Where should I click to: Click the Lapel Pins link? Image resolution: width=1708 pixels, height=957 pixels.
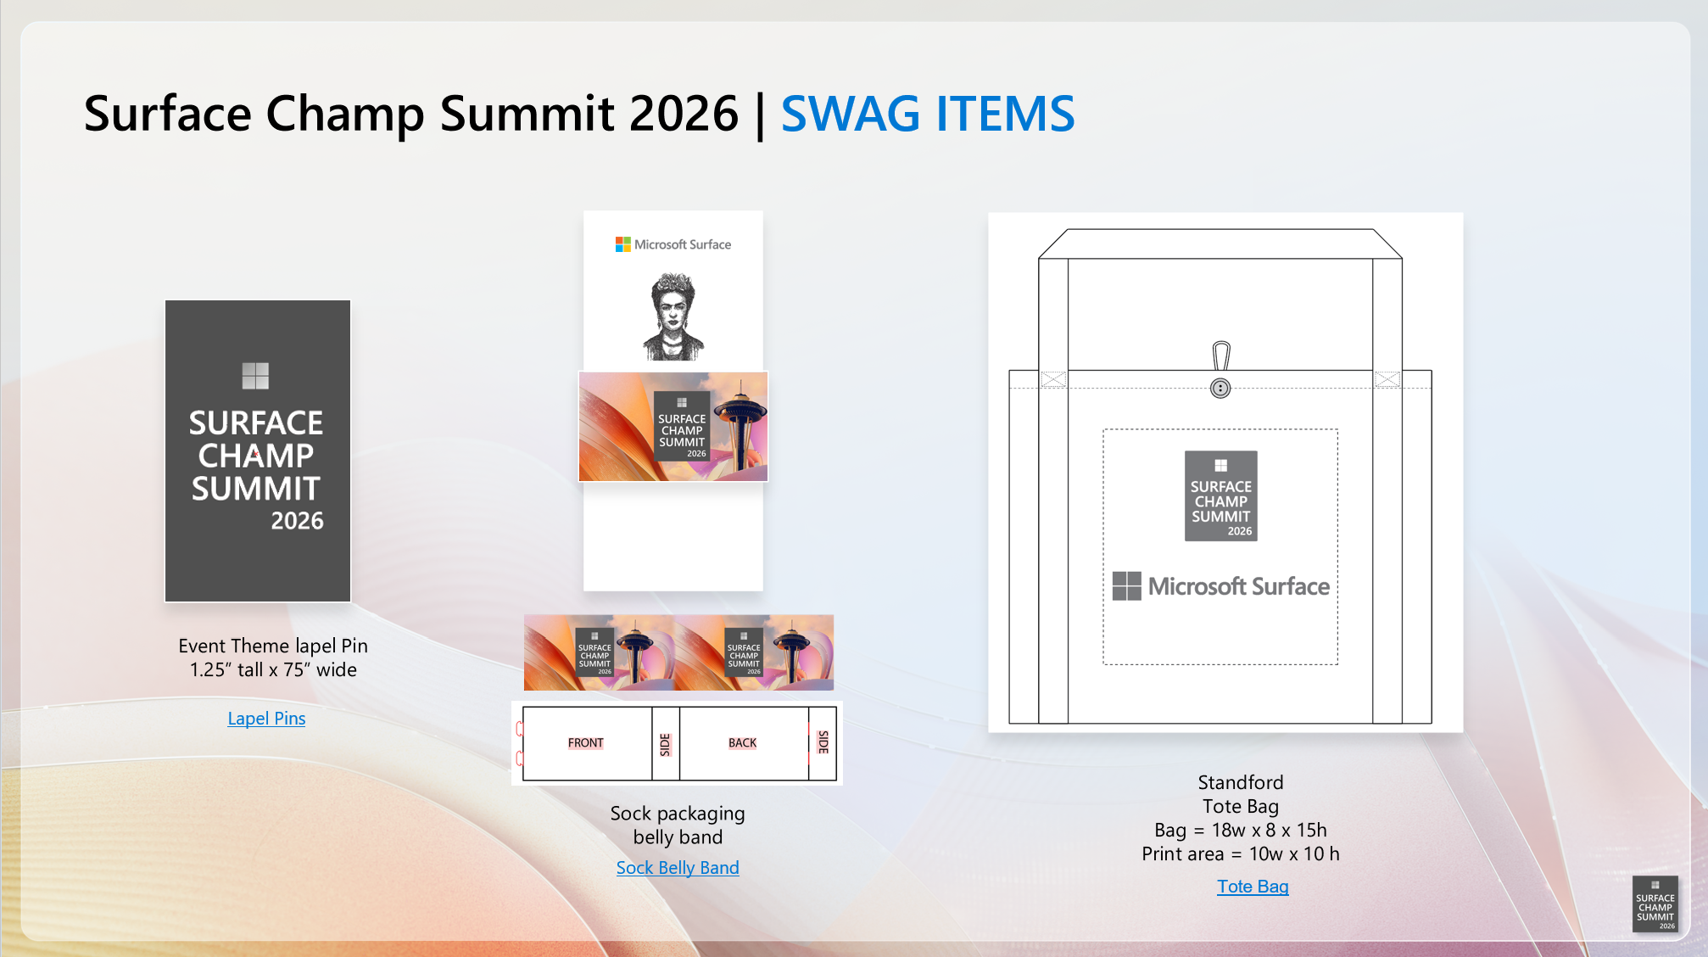266,719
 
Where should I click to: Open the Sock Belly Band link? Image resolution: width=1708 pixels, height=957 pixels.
678,868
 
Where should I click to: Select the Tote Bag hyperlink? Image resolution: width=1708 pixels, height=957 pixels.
1253,887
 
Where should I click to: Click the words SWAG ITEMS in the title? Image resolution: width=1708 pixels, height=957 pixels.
928,114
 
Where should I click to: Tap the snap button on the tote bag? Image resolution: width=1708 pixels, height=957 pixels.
1220,389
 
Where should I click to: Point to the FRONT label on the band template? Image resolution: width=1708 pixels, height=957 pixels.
586,743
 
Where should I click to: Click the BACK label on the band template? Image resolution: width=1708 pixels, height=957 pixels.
742,743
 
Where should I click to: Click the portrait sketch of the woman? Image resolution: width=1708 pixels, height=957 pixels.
673,316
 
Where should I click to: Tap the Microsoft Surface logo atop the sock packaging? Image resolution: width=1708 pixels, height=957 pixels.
673,244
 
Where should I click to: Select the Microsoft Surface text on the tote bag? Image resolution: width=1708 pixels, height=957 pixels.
1239,586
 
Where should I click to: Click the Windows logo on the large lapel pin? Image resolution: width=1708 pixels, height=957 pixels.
255,376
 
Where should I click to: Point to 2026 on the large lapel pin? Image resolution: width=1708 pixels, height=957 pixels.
297,521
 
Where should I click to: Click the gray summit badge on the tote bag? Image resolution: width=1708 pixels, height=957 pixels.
1221,496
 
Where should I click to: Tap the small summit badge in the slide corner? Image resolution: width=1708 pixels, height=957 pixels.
1655,904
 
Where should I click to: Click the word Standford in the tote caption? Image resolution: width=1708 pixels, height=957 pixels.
1241,782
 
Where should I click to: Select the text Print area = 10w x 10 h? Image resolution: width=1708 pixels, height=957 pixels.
1241,853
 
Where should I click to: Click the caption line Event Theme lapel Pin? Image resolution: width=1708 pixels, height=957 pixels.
273,646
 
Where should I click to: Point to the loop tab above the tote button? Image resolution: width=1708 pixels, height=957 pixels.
1221,355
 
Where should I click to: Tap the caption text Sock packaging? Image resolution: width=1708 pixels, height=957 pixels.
678,814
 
